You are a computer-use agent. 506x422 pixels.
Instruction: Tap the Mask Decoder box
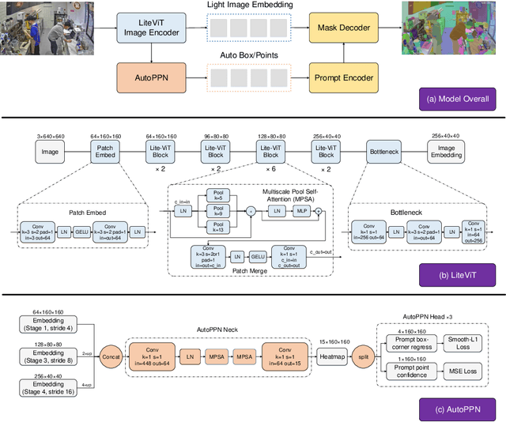coord(342,28)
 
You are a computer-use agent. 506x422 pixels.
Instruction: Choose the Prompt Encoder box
coord(342,77)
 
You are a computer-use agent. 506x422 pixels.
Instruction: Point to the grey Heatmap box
coord(332,356)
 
